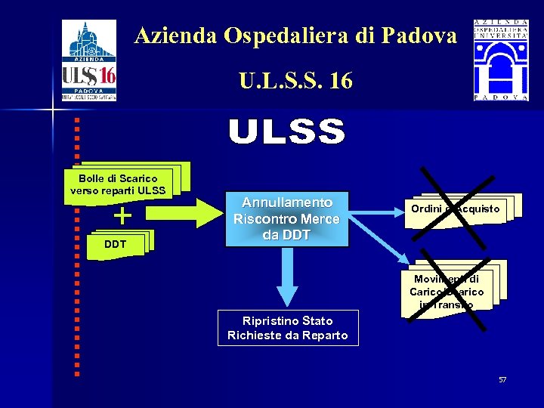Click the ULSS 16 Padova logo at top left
click(x=89, y=60)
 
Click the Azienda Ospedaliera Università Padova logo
click(x=500, y=60)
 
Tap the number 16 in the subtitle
click(x=341, y=80)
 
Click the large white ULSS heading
click(x=287, y=132)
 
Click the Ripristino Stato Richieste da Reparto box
click(x=288, y=328)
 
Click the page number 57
click(x=502, y=379)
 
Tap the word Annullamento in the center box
click(x=287, y=202)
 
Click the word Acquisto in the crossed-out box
click(x=478, y=209)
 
